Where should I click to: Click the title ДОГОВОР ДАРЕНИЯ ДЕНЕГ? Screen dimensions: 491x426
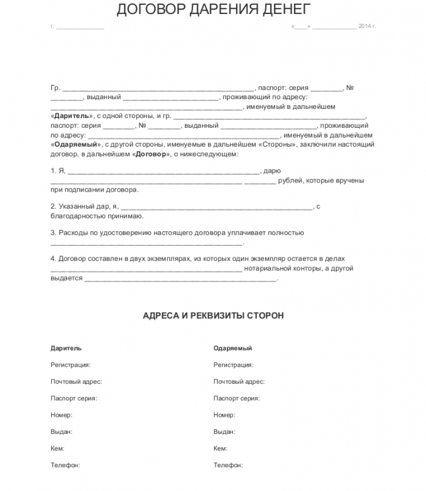coord(213,9)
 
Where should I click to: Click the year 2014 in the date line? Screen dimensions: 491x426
coord(364,26)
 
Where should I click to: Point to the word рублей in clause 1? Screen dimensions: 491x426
coord(289,181)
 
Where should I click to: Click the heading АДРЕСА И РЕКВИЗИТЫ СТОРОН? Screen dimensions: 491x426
coord(213,316)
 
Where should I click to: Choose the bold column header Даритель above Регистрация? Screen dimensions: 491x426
coord(66,349)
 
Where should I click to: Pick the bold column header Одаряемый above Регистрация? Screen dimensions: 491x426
coord(232,349)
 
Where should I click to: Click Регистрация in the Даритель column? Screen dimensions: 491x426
coord(71,365)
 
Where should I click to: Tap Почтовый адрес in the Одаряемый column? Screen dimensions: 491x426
coord(239,382)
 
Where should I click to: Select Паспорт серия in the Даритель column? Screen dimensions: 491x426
coord(74,399)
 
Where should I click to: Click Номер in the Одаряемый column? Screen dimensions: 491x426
coord(224,415)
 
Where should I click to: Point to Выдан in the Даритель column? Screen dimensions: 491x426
coord(61,432)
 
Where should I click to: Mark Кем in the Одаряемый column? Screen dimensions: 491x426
coord(220,448)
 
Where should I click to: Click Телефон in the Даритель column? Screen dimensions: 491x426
coord(65,465)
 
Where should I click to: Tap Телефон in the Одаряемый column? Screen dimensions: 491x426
coord(228,465)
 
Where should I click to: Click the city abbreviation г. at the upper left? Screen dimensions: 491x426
coord(53,26)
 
